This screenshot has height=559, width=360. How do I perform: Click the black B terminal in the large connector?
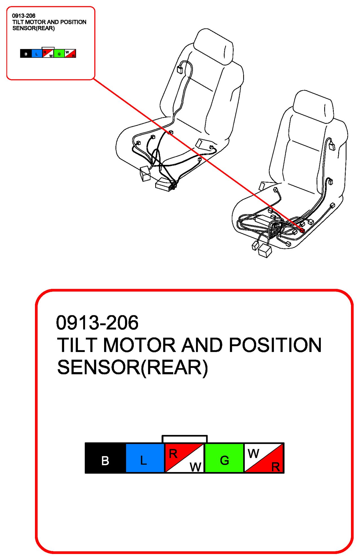(105, 458)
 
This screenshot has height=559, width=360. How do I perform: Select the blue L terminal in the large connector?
(145, 458)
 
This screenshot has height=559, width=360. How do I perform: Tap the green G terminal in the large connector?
(224, 458)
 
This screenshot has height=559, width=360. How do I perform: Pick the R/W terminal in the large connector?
(185, 458)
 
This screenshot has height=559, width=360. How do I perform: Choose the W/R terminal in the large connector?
(264, 458)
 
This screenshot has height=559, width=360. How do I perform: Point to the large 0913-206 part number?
(97, 323)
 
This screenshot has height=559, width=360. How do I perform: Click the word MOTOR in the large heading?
(139, 345)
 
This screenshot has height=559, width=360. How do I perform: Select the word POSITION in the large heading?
(275, 345)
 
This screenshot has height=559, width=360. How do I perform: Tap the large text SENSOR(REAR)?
(133, 368)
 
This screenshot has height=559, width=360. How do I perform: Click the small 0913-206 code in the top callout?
(24, 16)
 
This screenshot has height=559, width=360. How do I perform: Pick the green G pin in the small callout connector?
(59, 53)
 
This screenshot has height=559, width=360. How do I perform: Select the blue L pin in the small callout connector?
(37, 53)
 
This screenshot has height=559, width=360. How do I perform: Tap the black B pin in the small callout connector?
(26, 53)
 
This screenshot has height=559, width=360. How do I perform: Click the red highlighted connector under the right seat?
(302, 230)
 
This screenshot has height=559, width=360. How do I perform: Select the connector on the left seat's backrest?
(180, 69)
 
